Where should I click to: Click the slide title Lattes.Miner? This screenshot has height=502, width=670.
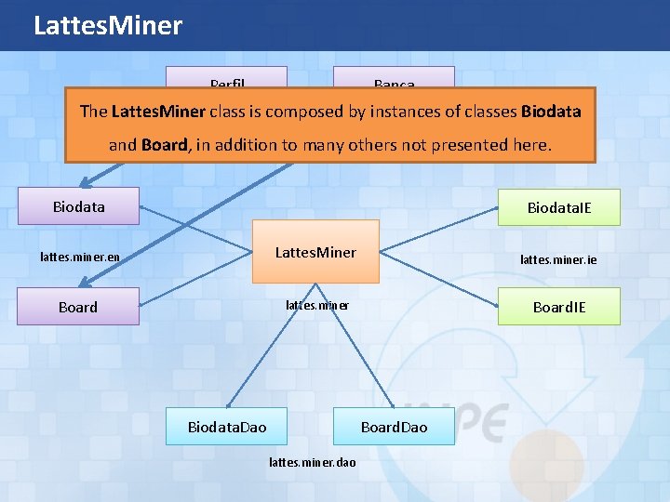(x=108, y=25)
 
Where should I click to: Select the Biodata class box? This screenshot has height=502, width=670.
(x=79, y=206)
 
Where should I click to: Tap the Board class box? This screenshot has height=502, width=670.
(x=79, y=307)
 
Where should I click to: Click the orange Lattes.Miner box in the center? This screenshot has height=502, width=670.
(x=316, y=251)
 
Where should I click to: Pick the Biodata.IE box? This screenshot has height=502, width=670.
(x=559, y=207)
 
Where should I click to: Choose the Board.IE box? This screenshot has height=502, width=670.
(x=559, y=307)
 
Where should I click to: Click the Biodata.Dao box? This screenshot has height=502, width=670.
(x=227, y=427)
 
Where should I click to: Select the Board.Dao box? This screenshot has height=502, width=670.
(x=394, y=427)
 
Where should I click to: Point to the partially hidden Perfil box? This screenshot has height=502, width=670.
(x=227, y=78)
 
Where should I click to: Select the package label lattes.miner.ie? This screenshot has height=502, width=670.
(x=558, y=261)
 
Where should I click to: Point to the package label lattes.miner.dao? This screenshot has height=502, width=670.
(x=312, y=462)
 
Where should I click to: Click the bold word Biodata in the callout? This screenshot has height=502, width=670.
(x=551, y=112)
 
